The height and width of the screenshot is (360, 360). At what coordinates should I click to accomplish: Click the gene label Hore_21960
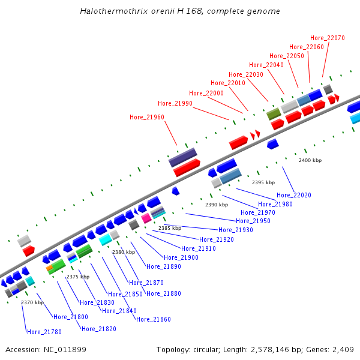tap(147, 117)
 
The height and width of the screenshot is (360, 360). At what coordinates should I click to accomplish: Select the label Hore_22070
tap(328, 38)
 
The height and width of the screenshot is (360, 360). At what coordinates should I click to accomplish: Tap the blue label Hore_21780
tap(44, 332)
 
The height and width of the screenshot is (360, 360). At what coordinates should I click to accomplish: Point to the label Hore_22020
tap(294, 195)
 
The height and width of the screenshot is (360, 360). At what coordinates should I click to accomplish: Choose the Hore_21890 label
tap(164, 266)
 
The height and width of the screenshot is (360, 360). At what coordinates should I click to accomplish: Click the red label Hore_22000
tap(206, 93)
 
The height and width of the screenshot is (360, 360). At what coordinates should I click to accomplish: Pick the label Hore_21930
tap(236, 230)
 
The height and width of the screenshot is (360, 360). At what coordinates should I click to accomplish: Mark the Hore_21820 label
tap(99, 329)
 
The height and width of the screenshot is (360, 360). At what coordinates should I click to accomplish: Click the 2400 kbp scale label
tap(310, 160)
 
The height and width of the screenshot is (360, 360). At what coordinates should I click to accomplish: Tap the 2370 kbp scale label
tap(32, 302)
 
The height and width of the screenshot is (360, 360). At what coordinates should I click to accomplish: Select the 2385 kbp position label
tap(170, 228)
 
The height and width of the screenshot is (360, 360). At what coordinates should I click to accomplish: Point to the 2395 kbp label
tap(263, 182)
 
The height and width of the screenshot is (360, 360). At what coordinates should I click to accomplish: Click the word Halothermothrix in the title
tap(109, 11)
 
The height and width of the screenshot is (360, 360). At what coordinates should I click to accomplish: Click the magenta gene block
tap(146, 218)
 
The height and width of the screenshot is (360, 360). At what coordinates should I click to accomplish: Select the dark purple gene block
tap(183, 158)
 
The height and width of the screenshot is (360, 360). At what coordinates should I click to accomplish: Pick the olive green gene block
tap(274, 113)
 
